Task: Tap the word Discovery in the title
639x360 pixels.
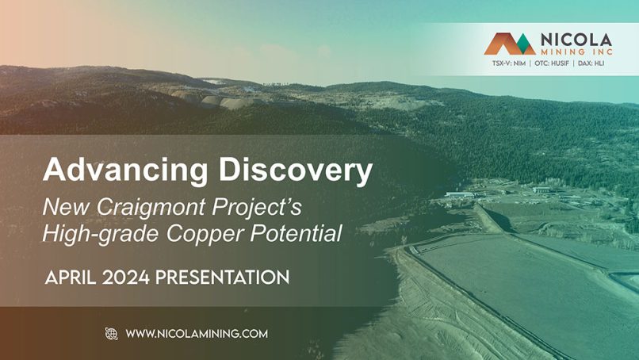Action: [296, 170]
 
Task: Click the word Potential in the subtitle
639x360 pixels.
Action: [297, 233]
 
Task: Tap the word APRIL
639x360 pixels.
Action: [71, 278]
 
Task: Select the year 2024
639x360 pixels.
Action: [126, 278]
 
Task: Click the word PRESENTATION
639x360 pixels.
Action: [223, 278]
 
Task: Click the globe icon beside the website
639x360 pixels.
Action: [111, 334]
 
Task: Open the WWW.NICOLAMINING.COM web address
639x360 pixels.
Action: [197, 334]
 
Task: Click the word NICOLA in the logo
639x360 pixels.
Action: [576, 40]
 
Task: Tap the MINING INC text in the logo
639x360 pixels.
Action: [576, 52]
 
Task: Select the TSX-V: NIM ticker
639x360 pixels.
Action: [509, 63]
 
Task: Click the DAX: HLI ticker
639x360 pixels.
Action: [591, 63]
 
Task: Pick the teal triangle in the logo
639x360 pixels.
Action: [525, 45]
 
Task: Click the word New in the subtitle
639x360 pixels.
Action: [66, 208]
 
